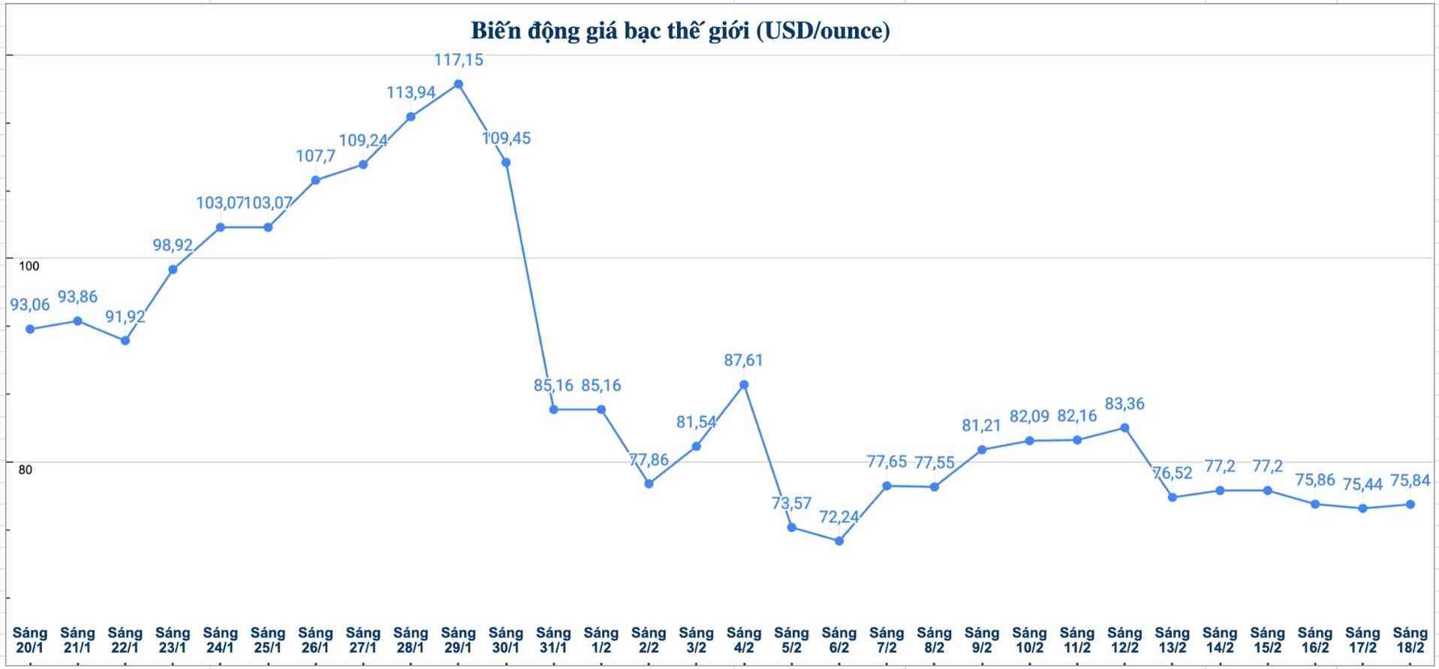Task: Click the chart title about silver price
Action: (680, 31)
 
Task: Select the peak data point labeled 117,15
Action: (459, 84)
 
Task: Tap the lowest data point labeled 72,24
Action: (839, 541)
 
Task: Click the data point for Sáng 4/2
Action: (744, 385)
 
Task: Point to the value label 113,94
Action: (411, 92)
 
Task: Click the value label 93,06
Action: (30, 304)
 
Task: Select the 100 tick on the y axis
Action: (29, 266)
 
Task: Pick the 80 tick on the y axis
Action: (26, 470)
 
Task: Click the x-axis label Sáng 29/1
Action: (458, 640)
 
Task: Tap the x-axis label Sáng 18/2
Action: (1410, 640)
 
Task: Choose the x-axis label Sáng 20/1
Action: (30, 640)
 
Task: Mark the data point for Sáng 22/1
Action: (125, 340)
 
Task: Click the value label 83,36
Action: (1124, 403)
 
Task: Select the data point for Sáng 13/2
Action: (1172, 497)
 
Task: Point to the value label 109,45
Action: (506, 138)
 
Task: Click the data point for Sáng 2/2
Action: (649, 484)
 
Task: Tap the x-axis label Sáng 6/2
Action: (839, 640)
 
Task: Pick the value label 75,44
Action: (1362, 484)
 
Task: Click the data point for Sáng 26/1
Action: (316, 180)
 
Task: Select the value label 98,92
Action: (173, 244)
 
